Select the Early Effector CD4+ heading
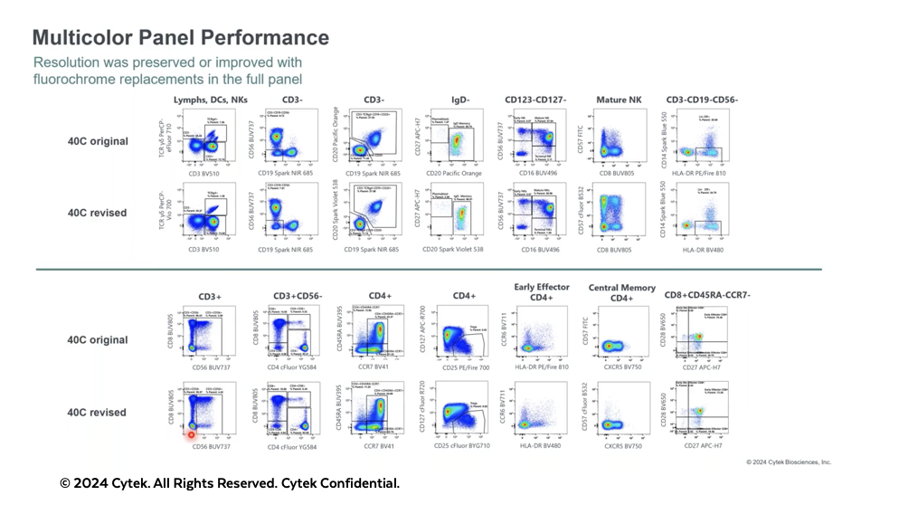(542, 292)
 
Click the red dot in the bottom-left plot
(192, 435)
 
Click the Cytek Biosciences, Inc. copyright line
(788, 462)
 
